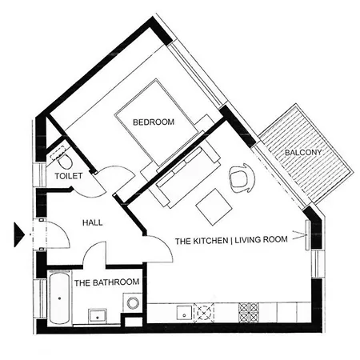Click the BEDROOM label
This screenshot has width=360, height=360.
(x=154, y=122)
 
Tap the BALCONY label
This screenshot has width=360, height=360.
(x=303, y=153)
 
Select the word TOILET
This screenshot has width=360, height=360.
(x=69, y=176)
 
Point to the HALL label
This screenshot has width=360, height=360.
(x=92, y=222)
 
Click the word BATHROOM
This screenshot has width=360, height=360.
(x=116, y=282)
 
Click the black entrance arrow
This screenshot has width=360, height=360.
(x=19, y=234)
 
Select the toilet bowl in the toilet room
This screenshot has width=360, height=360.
(x=65, y=161)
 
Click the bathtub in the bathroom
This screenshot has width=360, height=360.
(x=59, y=298)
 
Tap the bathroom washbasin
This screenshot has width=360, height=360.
(x=98, y=316)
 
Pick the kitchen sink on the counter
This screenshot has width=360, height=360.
(x=184, y=313)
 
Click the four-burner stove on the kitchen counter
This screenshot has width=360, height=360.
(x=249, y=313)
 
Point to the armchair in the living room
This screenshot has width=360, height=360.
(x=242, y=178)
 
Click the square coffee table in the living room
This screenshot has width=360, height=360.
(x=214, y=207)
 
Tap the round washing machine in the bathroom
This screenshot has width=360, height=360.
(x=133, y=303)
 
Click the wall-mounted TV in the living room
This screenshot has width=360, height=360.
(x=307, y=235)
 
